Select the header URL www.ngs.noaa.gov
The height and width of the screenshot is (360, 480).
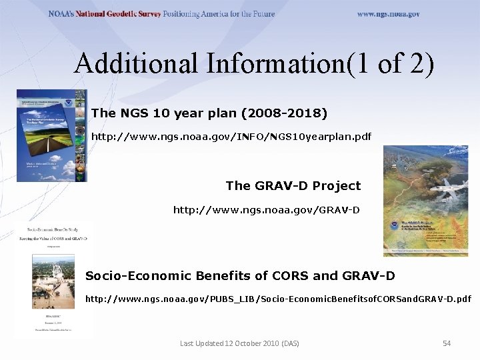[388, 14]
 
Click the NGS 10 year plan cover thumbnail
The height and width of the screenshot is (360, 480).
[51, 135]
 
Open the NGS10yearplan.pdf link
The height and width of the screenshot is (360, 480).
[231, 136]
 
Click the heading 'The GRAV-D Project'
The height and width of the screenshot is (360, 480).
[293, 185]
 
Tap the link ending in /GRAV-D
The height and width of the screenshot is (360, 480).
[266, 210]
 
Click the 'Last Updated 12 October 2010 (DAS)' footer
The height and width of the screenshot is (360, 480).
[239, 343]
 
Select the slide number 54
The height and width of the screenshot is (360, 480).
[447, 343]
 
